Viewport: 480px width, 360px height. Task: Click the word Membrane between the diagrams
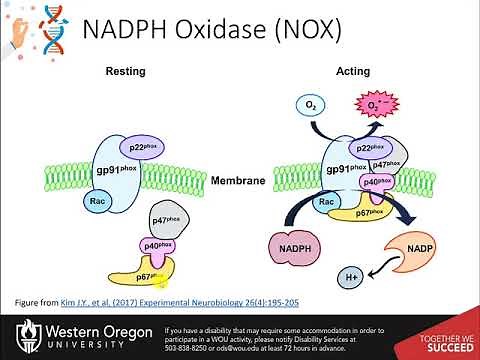tap(239, 181)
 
